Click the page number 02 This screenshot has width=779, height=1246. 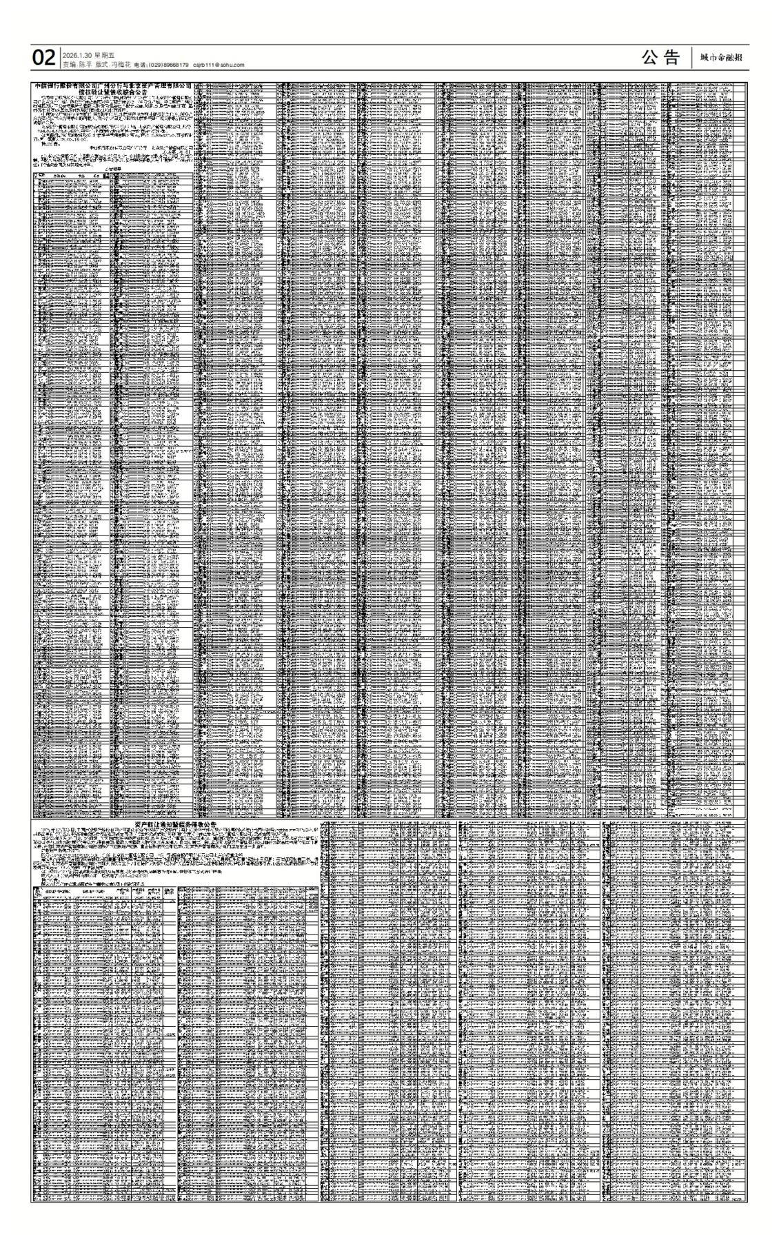[x=43, y=59]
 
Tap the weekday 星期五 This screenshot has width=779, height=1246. [x=105, y=55]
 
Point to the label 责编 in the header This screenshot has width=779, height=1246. [x=69, y=65]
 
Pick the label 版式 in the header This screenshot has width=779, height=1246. [x=102, y=65]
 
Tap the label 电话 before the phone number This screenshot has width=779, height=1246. [x=139, y=65]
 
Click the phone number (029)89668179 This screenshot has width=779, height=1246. [x=168, y=65]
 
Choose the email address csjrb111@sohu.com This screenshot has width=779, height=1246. [x=219, y=65]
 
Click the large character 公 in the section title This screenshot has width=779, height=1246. [x=651, y=59]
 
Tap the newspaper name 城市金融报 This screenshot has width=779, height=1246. [x=720, y=58]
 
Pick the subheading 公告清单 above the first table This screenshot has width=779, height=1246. [x=112, y=169]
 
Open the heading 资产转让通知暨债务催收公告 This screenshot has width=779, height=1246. [x=176, y=824]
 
